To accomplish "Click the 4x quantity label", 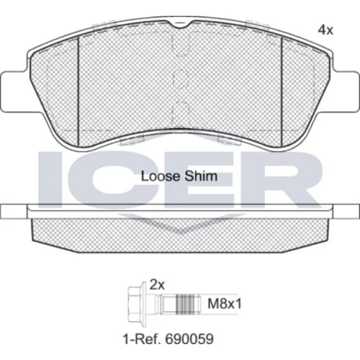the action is (x=325, y=30).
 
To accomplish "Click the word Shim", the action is (x=204, y=176).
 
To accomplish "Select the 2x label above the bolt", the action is (x=157, y=285).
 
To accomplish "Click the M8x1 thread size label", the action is (x=225, y=304).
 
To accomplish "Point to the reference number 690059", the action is (x=189, y=339).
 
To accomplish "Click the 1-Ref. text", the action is (x=143, y=339).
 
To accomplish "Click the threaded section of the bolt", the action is (x=185, y=305).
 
